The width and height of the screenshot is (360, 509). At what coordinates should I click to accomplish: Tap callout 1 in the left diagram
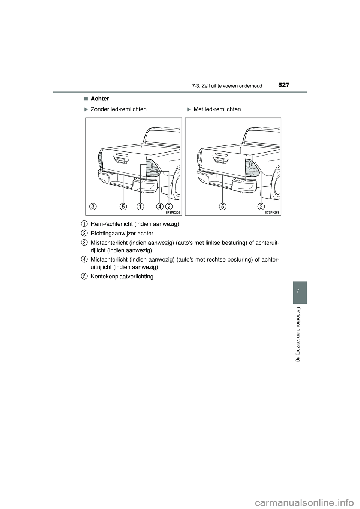pos(140,206)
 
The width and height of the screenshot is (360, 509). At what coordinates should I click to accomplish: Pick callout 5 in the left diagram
pos(123,206)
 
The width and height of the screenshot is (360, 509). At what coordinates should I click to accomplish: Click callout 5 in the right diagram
pos(223,206)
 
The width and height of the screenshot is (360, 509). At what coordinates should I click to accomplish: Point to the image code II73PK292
pos(173,212)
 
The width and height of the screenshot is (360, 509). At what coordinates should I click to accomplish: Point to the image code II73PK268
pos(273,212)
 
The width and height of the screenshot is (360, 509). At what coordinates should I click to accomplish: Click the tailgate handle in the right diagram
pos(220,160)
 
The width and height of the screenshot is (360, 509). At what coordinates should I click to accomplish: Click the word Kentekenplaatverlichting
pos(122,277)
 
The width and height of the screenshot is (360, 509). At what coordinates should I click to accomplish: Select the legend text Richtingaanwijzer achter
pos(122,233)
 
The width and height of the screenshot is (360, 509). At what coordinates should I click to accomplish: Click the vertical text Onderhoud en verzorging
pos(299,334)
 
